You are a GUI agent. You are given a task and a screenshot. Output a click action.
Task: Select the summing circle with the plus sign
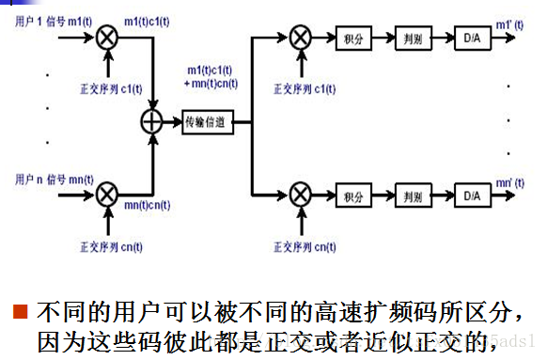(151, 121)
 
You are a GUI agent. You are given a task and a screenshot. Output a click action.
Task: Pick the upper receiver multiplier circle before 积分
(300, 39)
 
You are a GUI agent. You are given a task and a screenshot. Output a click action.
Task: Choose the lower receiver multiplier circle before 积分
(300, 195)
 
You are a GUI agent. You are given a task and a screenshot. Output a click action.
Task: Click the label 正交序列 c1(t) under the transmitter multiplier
(111, 89)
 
